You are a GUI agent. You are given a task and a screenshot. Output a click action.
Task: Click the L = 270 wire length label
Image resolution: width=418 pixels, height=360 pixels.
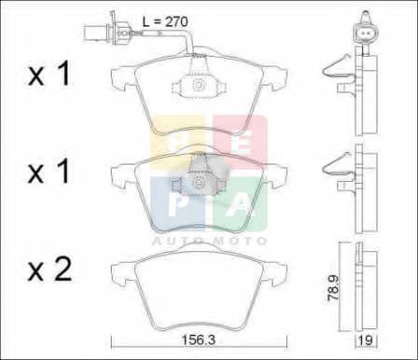coord(165,21)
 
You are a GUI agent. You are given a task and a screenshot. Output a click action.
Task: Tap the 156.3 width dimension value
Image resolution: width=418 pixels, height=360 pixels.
coord(199,340)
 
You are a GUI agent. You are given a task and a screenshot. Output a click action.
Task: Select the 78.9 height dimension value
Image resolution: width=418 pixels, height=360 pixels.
coord(333,288)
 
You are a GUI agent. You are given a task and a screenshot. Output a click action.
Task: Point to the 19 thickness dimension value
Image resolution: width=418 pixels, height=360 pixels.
coord(366,340)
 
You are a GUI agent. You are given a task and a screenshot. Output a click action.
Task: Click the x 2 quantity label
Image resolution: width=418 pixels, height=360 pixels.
coord(49,270)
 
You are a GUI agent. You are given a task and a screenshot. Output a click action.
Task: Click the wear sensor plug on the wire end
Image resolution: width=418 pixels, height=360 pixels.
coord(106,31)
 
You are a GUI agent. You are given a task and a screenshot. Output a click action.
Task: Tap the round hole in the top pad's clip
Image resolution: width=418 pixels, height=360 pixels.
coord(198,85)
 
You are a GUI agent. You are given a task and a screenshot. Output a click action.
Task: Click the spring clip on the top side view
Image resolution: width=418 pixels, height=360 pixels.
coord(339,67)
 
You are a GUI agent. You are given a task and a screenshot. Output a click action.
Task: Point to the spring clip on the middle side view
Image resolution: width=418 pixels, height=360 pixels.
coord(339,164)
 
